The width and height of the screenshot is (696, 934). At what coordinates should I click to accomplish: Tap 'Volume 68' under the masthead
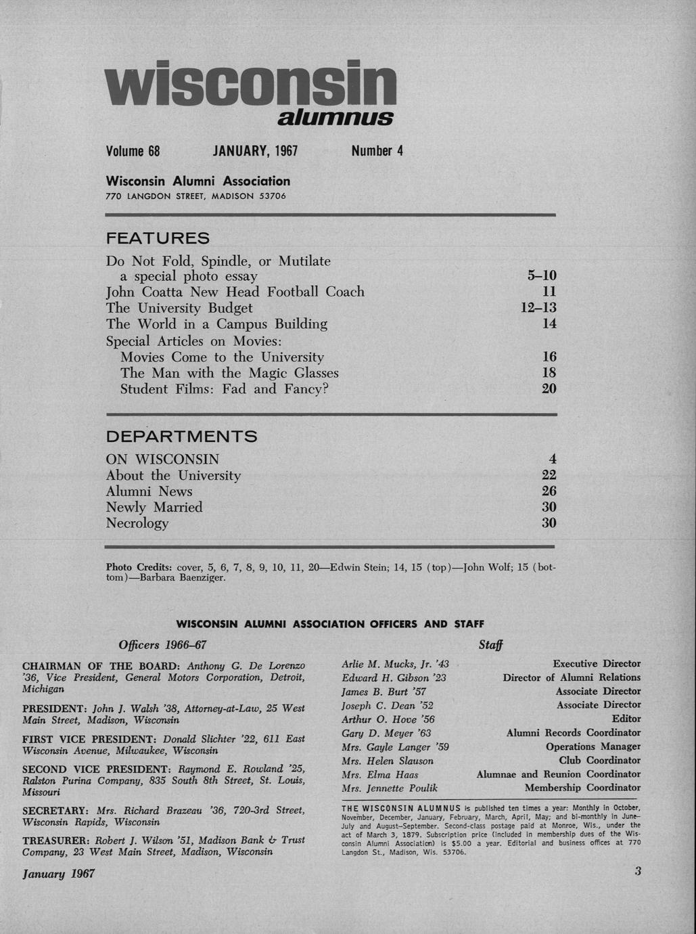133,151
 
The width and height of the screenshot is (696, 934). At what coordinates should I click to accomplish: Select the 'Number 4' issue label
377,151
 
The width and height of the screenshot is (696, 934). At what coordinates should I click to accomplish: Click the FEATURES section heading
158,238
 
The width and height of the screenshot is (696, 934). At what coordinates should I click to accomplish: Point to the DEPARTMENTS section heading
181,437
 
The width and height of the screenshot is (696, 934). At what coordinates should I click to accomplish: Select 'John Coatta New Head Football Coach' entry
235,292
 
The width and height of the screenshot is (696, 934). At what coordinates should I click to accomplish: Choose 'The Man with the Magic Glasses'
229,373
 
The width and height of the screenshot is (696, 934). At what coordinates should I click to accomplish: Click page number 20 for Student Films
549,388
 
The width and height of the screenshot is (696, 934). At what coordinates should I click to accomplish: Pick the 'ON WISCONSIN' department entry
162,459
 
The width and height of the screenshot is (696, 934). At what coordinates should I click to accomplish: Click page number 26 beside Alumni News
549,491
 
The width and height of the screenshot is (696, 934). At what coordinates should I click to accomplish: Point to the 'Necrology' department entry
137,523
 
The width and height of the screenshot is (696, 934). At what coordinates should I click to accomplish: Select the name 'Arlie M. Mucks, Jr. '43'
395,664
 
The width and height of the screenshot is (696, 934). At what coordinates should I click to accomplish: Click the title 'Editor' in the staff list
626,719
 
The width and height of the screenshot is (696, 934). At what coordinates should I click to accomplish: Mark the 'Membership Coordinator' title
582,788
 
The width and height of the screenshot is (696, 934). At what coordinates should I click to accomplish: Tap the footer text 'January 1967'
59,874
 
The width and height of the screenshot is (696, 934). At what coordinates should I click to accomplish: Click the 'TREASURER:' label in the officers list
56,840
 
